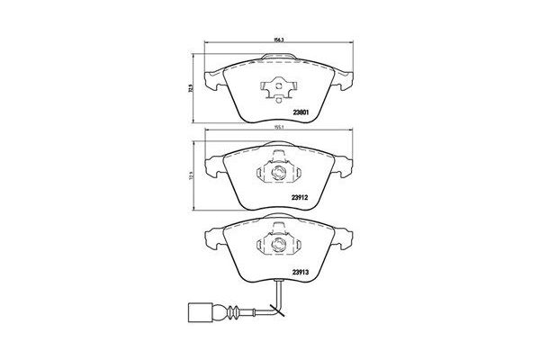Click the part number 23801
point(301,112)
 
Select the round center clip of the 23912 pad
point(277,173)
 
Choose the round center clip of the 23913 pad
point(277,243)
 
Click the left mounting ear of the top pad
point(211,79)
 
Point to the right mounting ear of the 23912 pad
point(341,165)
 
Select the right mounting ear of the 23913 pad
point(341,238)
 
